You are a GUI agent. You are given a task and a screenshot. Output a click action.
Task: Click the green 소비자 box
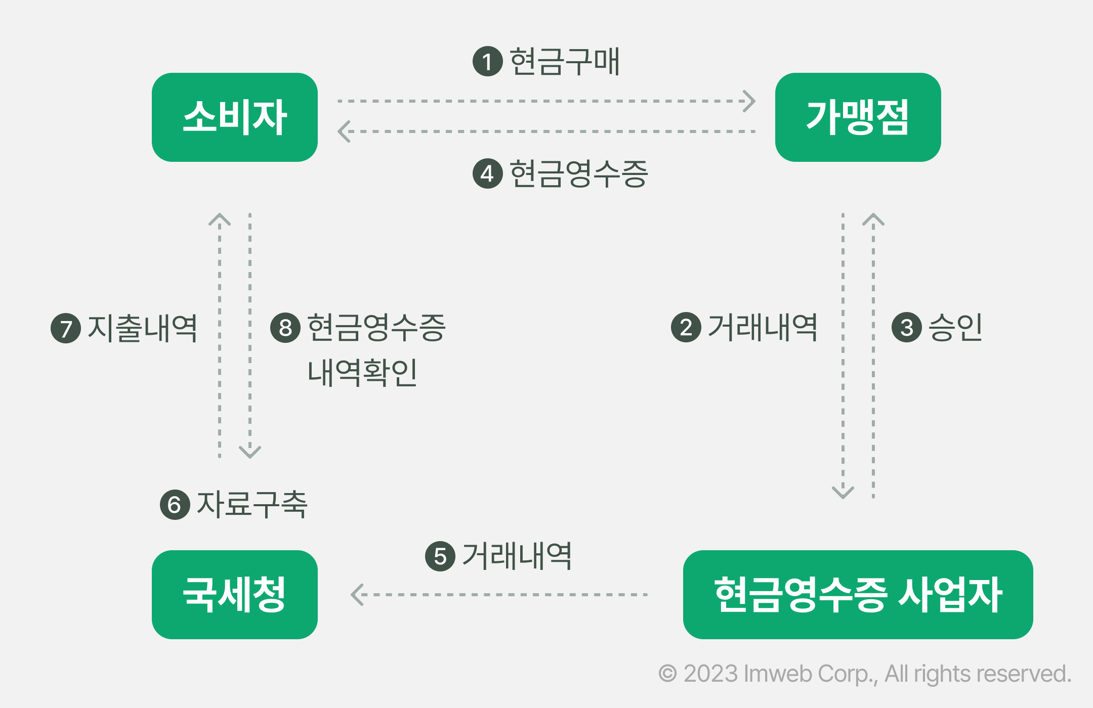tap(235, 117)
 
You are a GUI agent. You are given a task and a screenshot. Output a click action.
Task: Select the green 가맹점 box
tap(858, 117)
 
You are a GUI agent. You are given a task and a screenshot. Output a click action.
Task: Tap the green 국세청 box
tap(235, 594)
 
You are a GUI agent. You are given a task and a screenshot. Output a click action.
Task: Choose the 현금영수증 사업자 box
tap(858, 594)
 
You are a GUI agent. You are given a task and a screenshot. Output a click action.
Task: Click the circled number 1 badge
tap(487, 62)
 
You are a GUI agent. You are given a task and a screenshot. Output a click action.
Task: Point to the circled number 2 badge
tap(686, 327)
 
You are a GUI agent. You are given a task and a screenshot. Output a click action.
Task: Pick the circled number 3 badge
tap(906, 327)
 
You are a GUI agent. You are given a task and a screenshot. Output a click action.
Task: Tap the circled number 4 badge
tap(487, 173)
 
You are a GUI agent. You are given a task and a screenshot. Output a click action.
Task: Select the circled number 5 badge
tap(440, 556)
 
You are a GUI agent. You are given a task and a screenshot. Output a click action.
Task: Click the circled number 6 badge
tap(175, 504)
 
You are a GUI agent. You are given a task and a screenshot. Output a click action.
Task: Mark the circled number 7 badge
tap(66, 328)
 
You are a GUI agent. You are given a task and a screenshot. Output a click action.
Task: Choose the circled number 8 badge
tap(285, 328)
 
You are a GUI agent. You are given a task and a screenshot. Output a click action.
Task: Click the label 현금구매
tap(565, 62)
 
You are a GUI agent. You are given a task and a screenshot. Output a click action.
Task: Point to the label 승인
tap(955, 327)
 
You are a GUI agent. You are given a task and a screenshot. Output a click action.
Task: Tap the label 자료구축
tap(252, 504)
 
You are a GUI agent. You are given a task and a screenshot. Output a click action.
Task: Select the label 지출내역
tap(142, 328)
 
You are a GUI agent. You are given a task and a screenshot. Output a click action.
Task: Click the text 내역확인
tap(362, 373)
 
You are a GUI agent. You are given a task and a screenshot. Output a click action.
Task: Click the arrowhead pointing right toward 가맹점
tap(750, 101)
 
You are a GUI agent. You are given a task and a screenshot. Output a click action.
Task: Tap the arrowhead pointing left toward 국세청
tap(357, 595)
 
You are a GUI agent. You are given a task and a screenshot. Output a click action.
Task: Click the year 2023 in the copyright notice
tap(710, 674)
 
